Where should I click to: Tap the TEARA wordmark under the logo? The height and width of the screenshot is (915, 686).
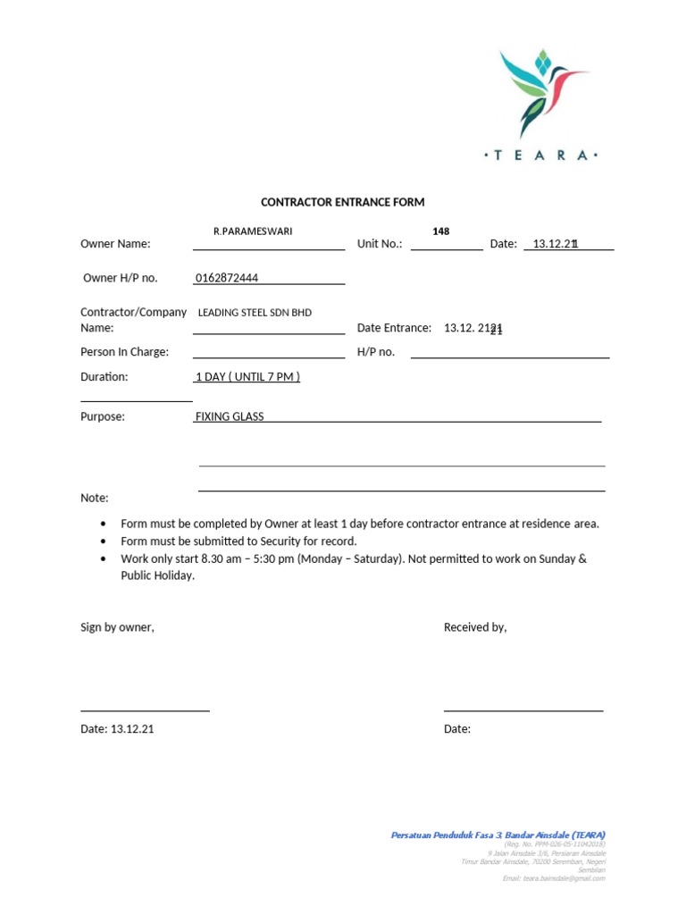point(541,155)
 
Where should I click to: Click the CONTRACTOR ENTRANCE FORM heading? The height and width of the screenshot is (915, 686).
point(342,203)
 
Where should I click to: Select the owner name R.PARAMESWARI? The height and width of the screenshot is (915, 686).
point(253,231)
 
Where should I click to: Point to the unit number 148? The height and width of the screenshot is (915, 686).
point(440,231)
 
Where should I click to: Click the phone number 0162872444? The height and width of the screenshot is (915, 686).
point(227,278)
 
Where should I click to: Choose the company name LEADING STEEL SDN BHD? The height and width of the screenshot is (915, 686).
point(255,313)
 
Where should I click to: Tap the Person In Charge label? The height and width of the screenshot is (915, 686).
point(124,352)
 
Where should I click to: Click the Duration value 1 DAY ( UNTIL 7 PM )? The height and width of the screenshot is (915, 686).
point(247,377)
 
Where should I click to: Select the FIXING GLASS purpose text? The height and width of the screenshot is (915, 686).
point(230,416)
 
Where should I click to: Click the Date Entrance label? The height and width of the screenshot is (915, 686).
point(394,329)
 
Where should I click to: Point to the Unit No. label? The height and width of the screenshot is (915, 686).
point(380,244)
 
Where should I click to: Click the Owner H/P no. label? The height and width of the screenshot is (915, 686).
point(120,278)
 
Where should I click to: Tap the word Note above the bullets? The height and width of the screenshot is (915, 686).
point(95,498)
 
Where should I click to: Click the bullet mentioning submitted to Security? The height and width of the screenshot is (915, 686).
point(238,541)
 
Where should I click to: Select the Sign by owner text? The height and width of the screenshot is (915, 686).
point(117,627)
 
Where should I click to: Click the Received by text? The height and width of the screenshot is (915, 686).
point(475,627)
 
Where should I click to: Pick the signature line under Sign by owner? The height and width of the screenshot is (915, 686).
point(145,710)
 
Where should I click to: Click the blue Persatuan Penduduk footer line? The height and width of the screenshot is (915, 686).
point(498,835)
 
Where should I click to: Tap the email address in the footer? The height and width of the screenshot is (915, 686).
point(554,878)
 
